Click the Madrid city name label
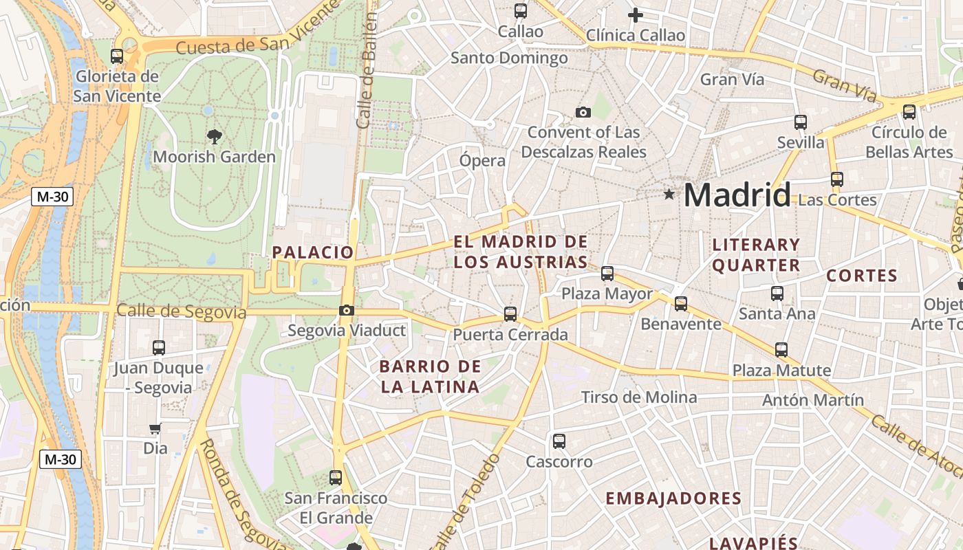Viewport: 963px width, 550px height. pos(737,195)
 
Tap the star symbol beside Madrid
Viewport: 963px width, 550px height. pos(669,195)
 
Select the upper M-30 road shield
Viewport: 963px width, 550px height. pos(52,197)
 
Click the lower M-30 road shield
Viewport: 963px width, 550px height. pos(61,459)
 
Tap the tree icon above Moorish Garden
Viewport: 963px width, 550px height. pos(214,136)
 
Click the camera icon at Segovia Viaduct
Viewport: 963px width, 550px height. pos(347,311)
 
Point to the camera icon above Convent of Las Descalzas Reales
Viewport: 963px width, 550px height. pos(583,112)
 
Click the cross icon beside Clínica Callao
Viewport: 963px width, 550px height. pos(636,14)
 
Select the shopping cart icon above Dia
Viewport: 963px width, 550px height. pos(155,428)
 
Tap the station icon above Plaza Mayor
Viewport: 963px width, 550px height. pos(607,274)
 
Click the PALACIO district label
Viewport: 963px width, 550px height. pos(313,252)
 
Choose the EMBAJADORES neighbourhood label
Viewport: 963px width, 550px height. pos(673,498)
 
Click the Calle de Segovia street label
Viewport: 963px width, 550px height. pos(181,311)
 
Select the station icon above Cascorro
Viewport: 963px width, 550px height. pos(559,441)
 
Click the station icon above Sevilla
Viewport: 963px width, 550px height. pos(801,122)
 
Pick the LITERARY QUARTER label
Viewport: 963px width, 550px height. pos(756,254)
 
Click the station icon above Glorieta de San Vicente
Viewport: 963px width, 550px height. pos(117,56)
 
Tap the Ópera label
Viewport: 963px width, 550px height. pos(482,161)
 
